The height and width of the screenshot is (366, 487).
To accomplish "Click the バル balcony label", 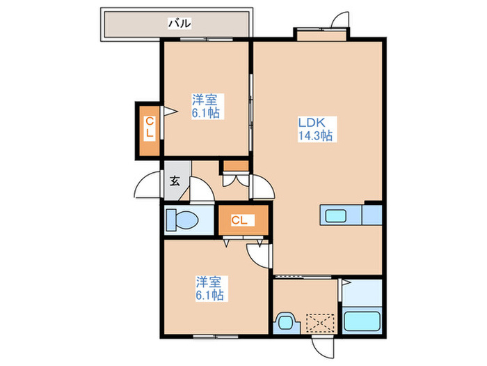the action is click(x=179, y=23).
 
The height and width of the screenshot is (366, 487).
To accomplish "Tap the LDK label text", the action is click(x=312, y=122).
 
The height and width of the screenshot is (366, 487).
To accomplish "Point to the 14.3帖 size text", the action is click(x=316, y=135).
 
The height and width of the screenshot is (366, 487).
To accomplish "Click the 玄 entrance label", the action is click(x=175, y=181).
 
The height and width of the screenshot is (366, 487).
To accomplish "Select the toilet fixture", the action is click(x=182, y=220).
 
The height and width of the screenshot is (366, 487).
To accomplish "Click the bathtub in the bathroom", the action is click(x=362, y=321).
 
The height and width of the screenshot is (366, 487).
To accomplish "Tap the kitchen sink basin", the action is click(x=336, y=215).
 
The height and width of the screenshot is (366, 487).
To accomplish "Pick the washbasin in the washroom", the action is click(x=286, y=322).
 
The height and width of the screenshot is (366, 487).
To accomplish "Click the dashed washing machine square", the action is click(x=320, y=323).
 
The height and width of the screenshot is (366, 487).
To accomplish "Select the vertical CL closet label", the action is click(x=150, y=128).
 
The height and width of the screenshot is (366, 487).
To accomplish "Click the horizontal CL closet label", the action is click(x=239, y=220).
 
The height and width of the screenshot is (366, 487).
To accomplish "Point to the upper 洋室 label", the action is click(x=204, y=100).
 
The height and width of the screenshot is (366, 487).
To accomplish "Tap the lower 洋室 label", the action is click(x=209, y=282).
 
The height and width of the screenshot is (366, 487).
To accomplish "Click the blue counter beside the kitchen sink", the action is click(x=372, y=215).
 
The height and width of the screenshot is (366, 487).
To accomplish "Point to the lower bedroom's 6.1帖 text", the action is click(x=209, y=295).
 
